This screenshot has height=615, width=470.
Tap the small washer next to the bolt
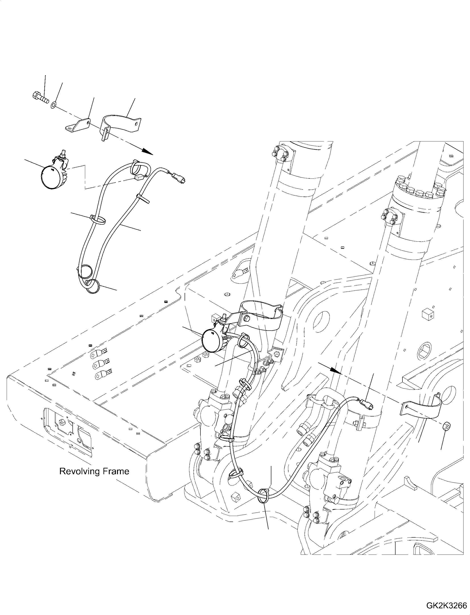(53, 105)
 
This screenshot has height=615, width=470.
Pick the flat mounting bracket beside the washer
(78, 125)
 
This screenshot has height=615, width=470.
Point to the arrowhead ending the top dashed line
(147, 151)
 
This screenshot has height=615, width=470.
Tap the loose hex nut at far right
(446, 434)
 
